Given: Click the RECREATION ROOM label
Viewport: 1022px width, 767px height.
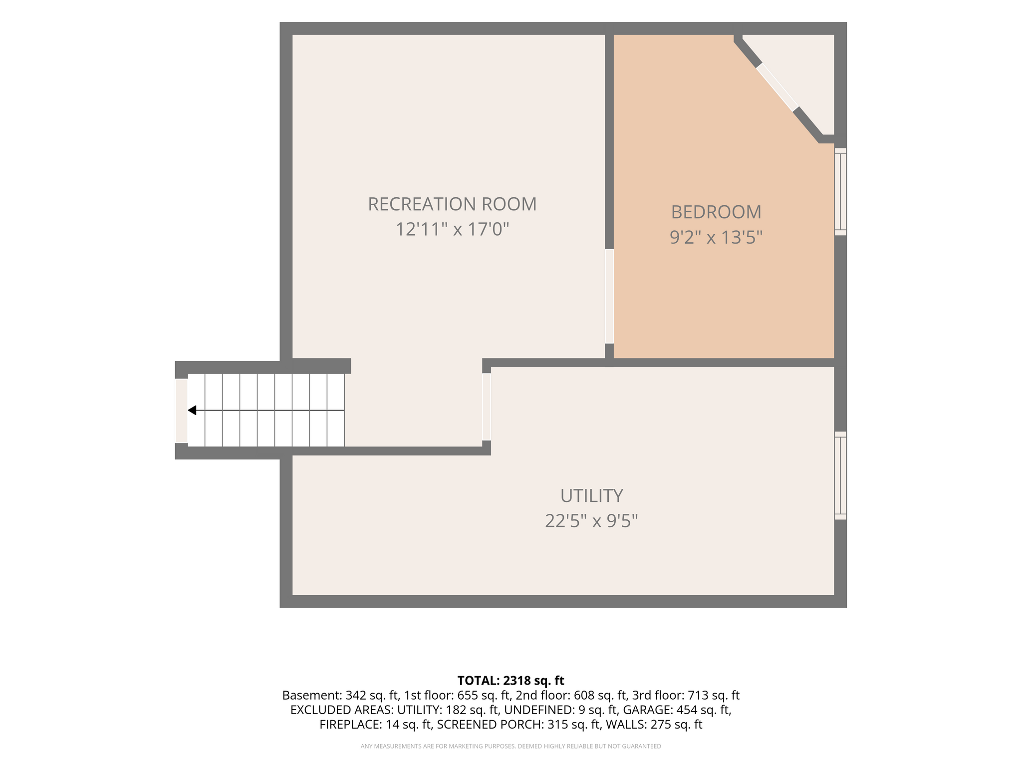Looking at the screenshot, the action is pyautogui.click(x=452, y=204).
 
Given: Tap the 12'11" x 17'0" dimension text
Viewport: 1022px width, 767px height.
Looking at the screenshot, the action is pyautogui.click(x=452, y=230).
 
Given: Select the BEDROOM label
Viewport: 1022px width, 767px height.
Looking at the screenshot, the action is pyautogui.click(x=716, y=212).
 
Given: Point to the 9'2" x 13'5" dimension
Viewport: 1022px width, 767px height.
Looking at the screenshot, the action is pyautogui.click(x=716, y=237).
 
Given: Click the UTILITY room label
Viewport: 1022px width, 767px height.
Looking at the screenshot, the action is pyautogui.click(x=591, y=496).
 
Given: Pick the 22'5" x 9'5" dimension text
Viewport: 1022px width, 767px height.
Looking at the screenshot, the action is pyautogui.click(x=591, y=521).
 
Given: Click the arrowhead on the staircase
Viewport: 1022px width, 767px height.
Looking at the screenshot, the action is pyautogui.click(x=192, y=410).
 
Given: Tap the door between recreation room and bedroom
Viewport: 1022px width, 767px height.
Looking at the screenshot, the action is pyautogui.click(x=609, y=296).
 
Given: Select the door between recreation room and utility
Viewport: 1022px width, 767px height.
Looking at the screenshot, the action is pyautogui.click(x=487, y=407).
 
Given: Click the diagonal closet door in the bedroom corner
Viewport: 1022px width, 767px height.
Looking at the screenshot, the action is pyautogui.click(x=777, y=87).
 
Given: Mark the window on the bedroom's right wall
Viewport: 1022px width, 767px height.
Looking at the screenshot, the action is pyautogui.click(x=841, y=192).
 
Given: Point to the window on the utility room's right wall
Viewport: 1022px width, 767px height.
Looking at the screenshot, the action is pyautogui.click(x=841, y=475).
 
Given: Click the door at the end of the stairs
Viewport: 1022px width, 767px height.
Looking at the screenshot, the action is pyautogui.click(x=181, y=411).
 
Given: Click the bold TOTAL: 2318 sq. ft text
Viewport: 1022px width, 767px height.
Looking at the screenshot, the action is pyautogui.click(x=511, y=681).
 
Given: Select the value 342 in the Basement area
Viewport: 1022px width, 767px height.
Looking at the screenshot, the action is pyautogui.click(x=355, y=695).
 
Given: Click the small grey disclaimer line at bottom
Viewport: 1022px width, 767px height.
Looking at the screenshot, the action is pyautogui.click(x=511, y=747).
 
